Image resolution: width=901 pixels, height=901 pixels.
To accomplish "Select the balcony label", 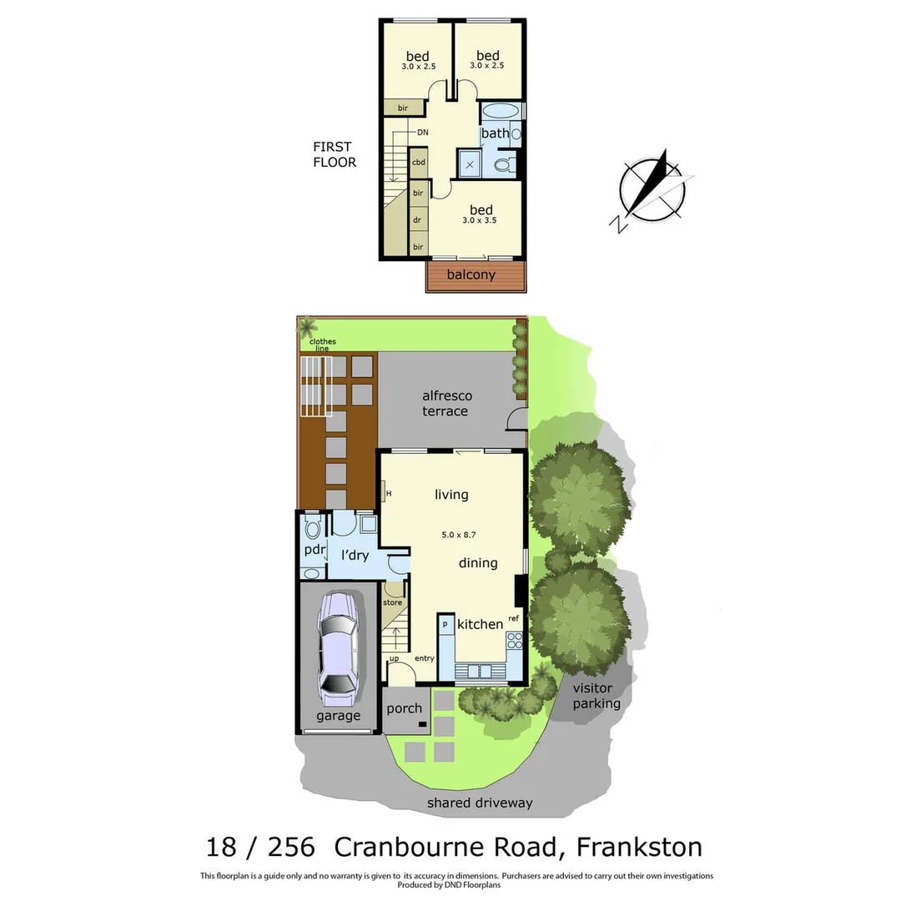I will click(471, 274).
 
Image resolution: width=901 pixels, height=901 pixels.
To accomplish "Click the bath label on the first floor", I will click(495, 133).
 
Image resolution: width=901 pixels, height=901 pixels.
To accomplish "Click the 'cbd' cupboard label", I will click(419, 163).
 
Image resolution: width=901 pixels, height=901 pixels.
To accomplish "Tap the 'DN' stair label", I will click(423, 133).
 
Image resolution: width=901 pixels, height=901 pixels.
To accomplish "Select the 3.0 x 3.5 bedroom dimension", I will click(481, 221).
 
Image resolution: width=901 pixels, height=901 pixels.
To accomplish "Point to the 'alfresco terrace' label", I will click(445, 404).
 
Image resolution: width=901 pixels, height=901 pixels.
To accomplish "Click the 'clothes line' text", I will click(322, 345).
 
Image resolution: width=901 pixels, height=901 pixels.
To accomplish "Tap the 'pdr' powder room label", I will click(314, 550).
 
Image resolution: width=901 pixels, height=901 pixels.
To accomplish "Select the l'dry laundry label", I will click(354, 555).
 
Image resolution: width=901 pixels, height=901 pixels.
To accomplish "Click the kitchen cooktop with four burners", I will click(514, 641).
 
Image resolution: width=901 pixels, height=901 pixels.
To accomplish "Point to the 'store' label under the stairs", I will click(392, 602).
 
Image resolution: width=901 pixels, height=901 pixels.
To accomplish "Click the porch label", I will click(405, 709).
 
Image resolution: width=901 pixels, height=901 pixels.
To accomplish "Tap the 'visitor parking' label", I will click(596, 696).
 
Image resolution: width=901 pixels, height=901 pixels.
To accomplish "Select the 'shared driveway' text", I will click(480, 803).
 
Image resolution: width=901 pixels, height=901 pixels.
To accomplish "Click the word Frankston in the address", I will click(640, 848).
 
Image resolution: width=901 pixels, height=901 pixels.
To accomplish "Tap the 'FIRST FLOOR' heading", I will click(335, 154).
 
